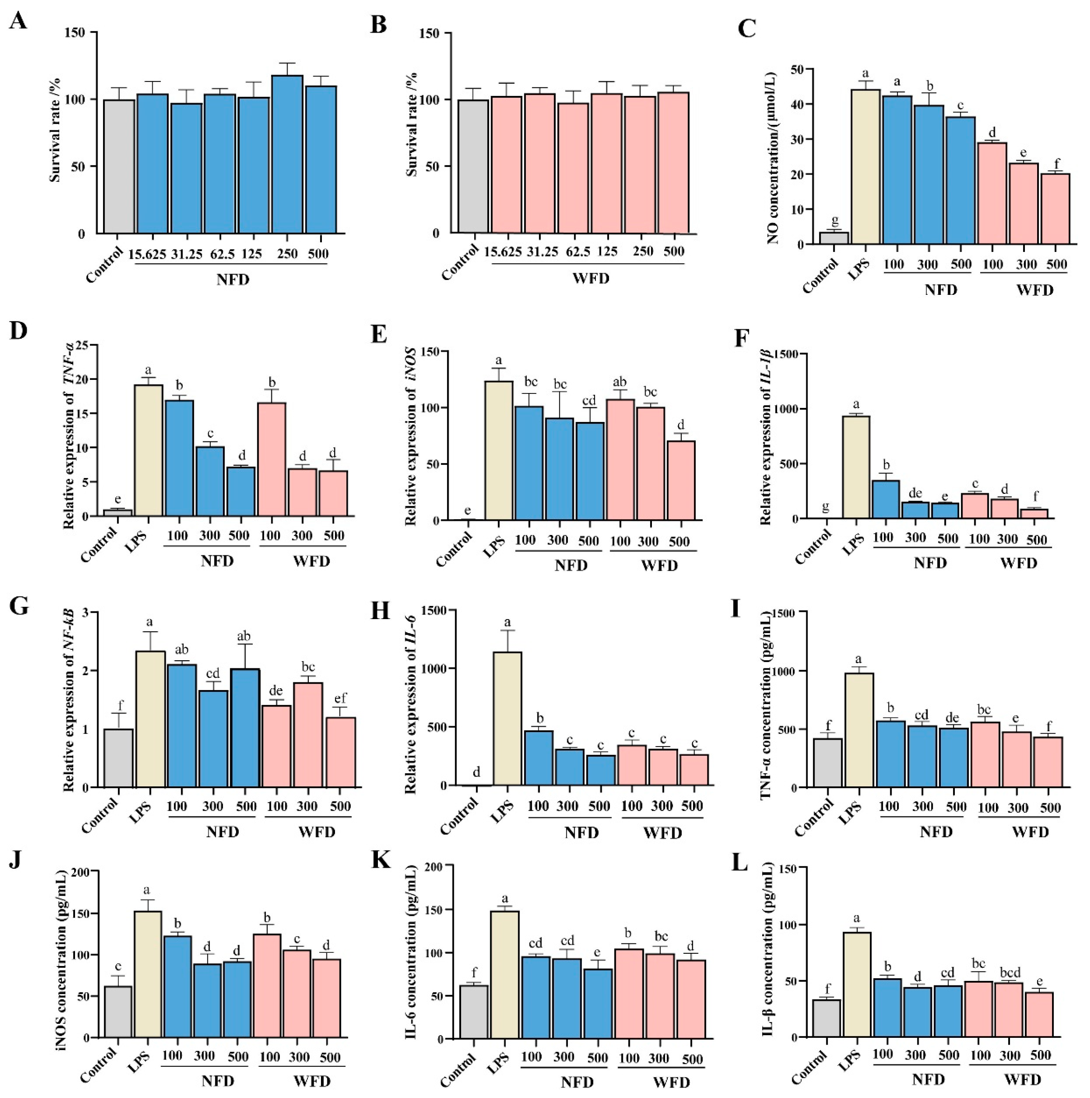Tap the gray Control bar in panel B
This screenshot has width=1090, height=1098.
click(x=473, y=166)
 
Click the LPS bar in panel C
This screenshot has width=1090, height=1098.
click(x=865, y=166)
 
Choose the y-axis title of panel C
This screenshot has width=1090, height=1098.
click(x=773, y=158)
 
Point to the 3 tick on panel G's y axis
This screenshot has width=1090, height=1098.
click(x=91, y=612)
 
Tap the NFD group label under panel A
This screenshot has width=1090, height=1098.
click(x=233, y=279)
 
